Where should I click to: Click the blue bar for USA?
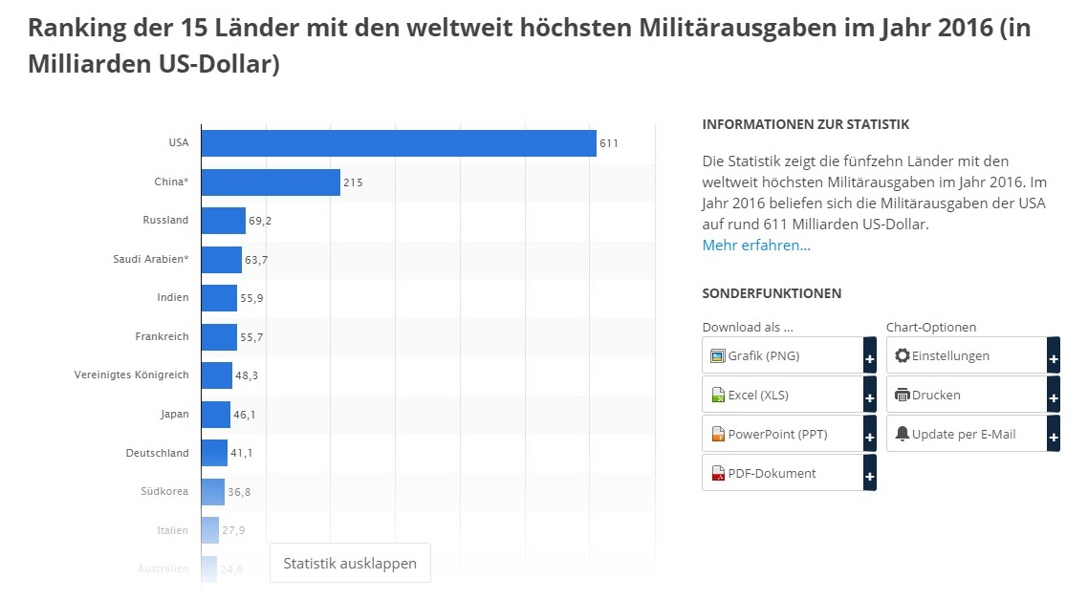click(399, 143)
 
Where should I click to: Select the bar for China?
click(272, 182)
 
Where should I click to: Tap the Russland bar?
click(224, 221)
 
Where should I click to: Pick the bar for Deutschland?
click(214, 453)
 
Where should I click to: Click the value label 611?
click(608, 143)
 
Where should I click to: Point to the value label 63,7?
click(256, 260)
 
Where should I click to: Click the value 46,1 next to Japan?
click(244, 415)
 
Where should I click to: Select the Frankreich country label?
click(162, 336)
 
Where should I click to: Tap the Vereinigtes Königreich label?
click(131, 375)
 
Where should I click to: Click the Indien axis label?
click(173, 297)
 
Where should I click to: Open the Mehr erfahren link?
click(756, 245)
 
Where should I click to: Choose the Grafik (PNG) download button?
click(789, 355)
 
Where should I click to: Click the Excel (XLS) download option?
click(789, 395)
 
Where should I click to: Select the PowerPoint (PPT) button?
click(789, 434)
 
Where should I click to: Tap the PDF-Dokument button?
click(789, 473)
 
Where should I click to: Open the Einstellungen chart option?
click(973, 355)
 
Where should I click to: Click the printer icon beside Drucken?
click(902, 395)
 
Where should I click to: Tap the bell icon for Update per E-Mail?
click(902, 434)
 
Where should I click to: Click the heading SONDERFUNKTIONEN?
click(772, 293)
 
